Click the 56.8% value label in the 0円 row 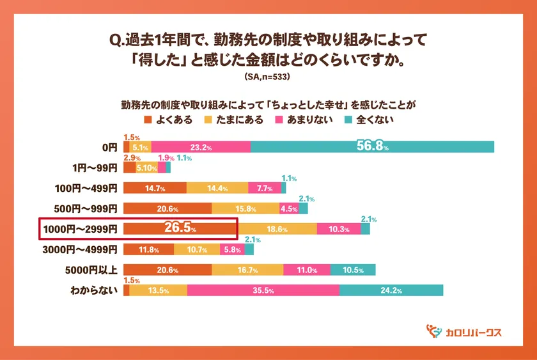[x=372, y=146]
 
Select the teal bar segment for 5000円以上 [x=352, y=270]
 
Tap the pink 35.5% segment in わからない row [x=263, y=290]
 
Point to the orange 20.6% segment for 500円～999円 [x=167, y=208]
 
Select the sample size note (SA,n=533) [x=268, y=78]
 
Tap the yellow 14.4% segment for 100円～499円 [x=217, y=188]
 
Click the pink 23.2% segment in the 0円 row [x=201, y=147]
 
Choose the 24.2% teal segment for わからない [x=391, y=290]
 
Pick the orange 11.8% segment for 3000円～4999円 [x=148, y=249]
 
